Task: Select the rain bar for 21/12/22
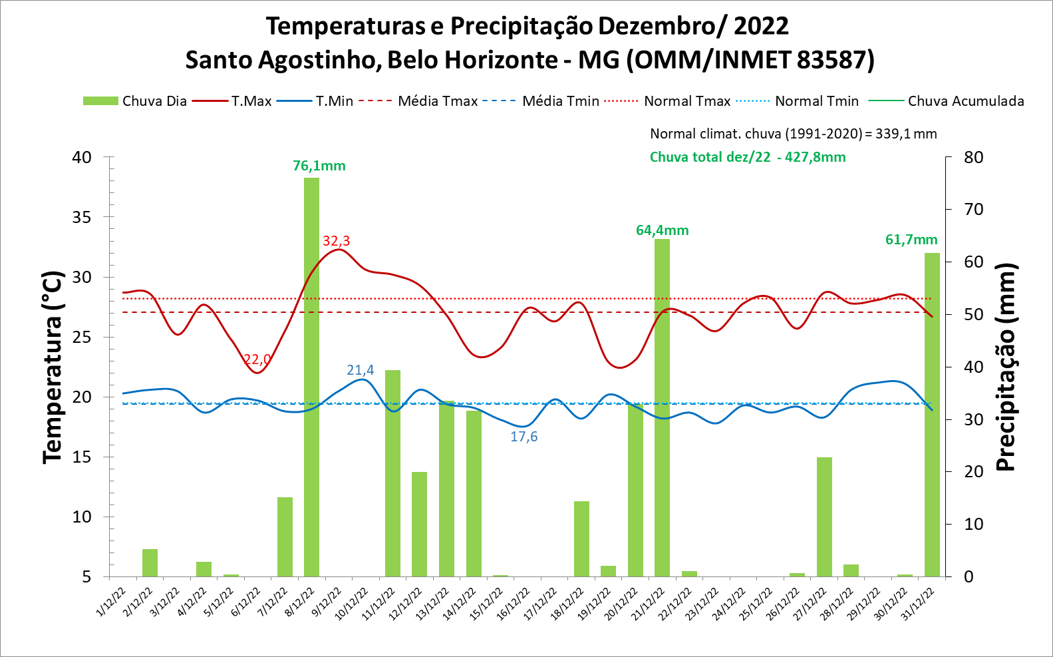point(662,407)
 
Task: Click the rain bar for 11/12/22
point(392,473)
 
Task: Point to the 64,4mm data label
point(662,230)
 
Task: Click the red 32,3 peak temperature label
point(336,241)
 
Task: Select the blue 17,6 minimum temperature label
point(524,437)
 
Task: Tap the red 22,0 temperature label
point(257,359)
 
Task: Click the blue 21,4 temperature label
point(360,370)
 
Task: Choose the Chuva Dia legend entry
point(135,101)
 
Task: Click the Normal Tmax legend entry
point(668,101)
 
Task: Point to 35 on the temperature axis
point(82,217)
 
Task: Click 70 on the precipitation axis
point(973,210)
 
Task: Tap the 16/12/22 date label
point(514,603)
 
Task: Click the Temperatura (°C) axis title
point(53,367)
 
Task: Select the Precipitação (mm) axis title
point(1006,367)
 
